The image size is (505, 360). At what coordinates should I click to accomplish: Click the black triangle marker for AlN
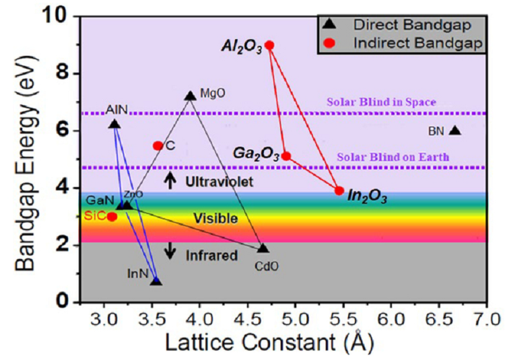click(114, 124)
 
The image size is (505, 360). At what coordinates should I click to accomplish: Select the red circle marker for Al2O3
click(269, 45)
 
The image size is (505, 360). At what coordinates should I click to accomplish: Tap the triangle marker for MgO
click(190, 96)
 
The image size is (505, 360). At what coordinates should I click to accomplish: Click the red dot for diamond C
click(158, 145)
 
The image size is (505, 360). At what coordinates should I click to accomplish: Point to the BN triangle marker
click(455, 131)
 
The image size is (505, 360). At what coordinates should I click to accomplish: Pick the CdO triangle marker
click(263, 248)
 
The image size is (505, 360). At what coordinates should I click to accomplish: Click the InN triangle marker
click(156, 280)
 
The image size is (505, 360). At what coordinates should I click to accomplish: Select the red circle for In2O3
click(339, 191)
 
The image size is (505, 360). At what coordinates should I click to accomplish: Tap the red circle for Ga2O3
click(286, 156)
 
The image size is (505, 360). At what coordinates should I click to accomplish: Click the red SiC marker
click(112, 216)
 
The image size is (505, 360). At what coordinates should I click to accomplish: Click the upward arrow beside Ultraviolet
click(170, 180)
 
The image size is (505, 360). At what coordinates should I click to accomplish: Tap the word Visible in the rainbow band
click(215, 218)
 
